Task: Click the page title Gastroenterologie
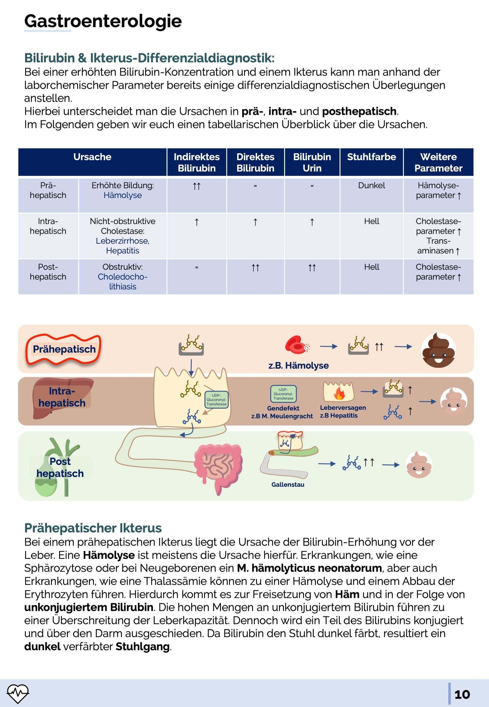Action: [103, 21]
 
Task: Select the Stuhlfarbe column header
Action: [371, 157]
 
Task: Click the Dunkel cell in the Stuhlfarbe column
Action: [371, 185]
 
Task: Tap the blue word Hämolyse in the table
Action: [123, 195]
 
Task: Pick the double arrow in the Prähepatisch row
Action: [197, 186]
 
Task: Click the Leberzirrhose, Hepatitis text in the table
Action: [123, 245]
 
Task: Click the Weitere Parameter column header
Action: [438, 162]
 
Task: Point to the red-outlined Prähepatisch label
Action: [64, 349]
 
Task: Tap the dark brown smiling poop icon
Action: [438, 350]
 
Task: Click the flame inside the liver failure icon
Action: [339, 394]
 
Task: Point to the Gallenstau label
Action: [288, 484]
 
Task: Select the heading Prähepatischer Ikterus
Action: [93, 528]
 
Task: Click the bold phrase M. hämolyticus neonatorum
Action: [309, 568]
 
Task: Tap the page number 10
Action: [462, 694]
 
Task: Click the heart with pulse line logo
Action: [18, 693]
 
